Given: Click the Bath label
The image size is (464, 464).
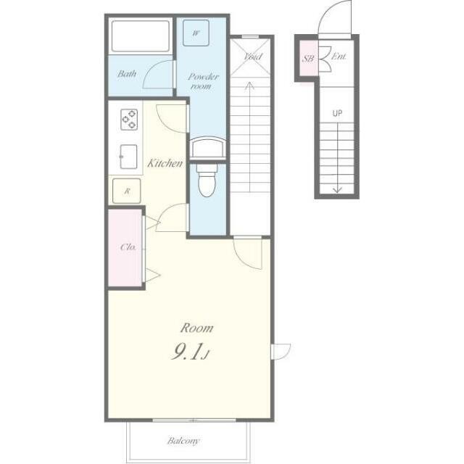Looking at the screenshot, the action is point(127,73).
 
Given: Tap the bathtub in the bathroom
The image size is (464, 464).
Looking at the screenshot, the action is point(141,36).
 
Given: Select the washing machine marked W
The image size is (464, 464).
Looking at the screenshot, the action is point(196,33).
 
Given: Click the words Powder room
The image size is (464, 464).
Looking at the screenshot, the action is point(203,81).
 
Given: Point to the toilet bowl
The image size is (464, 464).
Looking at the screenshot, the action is point(207,181).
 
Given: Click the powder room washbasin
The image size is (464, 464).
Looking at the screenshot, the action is point(208,148).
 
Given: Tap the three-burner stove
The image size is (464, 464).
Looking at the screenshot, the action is point(129,120).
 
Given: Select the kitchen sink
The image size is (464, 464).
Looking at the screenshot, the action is point(128,157).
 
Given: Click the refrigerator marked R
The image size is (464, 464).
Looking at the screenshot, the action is point(127,191).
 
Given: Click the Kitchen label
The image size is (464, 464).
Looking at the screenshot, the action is point(165,163).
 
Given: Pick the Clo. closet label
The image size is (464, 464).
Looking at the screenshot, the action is point(128,246).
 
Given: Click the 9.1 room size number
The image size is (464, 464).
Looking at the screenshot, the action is point(187,352).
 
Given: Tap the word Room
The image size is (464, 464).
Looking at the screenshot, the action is point(196,328).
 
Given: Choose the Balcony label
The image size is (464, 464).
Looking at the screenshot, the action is point(183,441).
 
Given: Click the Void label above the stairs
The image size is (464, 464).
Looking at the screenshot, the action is point(252,57).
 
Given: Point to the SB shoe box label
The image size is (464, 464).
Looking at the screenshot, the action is point(308,58).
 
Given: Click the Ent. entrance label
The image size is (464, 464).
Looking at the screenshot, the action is point(339,56).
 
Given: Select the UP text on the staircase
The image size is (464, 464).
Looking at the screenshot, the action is point(337,113).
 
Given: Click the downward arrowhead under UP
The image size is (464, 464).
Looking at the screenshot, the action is point(337,190).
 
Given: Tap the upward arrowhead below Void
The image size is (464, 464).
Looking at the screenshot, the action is point(250,86).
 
